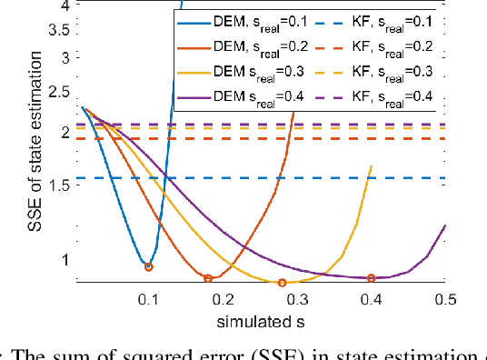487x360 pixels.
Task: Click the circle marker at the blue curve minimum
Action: (x=148, y=266)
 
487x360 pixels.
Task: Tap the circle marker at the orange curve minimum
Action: (x=207, y=279)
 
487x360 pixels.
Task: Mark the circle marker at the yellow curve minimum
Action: (x=282, y=283)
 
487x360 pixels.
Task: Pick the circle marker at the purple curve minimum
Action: (x=371, y=277)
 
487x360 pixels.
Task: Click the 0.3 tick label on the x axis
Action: (x=296, y=299)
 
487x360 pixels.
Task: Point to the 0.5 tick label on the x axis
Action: (x=445, y=299)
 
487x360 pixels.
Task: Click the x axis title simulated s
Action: (x=259, y=321)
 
